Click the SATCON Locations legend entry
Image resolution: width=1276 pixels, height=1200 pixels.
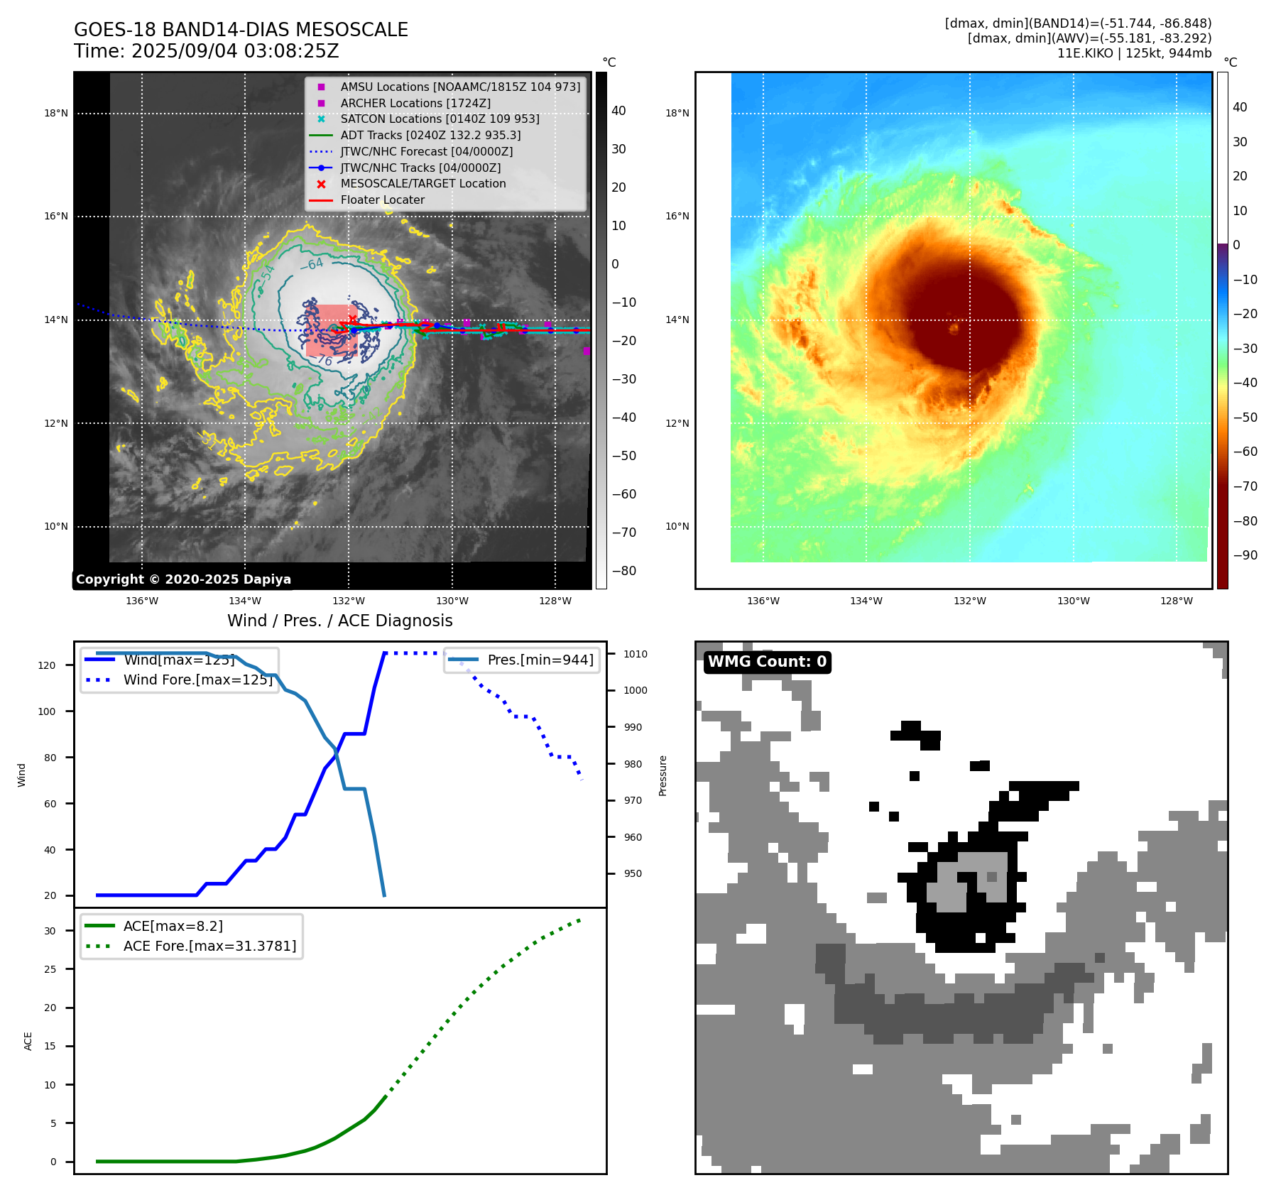click(440, 119)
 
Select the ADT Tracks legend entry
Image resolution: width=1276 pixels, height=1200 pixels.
click(430, 135)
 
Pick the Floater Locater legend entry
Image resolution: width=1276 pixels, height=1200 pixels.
click(382, 200)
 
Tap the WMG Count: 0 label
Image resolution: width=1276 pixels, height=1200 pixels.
click(767, 662)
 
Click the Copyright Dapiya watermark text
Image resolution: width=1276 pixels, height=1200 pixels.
click(183, 579)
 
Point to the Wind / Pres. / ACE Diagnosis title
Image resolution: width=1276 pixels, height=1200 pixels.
click(339, 621)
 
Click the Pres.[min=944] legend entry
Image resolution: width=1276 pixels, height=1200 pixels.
click(540, 660)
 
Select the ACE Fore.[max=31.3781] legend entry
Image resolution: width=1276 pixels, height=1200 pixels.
click(209, 946)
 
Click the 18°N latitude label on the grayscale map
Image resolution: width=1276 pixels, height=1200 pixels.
click(56, 113)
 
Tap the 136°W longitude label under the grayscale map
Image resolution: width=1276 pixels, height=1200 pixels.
click(142, 601)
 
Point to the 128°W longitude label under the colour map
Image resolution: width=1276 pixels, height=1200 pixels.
click(1177, 601)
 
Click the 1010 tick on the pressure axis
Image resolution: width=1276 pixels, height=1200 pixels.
click(636, 654)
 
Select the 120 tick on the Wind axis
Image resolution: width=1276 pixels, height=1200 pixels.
click(47, 665)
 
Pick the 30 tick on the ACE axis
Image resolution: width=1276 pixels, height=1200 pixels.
click(50, 931)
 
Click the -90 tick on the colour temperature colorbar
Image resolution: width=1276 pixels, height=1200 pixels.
click(1245, 555)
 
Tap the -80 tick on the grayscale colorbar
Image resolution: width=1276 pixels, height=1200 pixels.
click(624, 571)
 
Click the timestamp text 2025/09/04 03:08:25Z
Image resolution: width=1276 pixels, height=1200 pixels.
click(235, 52)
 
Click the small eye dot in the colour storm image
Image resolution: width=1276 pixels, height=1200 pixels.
click(954, 328)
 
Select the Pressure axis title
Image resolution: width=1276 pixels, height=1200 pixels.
click(662, 775)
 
